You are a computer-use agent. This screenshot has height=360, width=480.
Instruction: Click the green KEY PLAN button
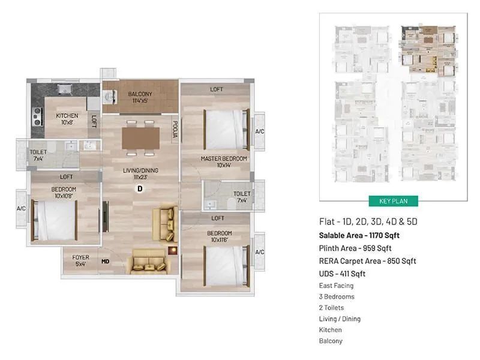393,201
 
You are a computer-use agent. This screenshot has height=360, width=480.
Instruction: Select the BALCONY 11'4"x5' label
140,98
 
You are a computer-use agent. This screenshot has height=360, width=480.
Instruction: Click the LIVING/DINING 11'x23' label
141,174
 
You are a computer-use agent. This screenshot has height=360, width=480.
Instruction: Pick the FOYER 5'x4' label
80,260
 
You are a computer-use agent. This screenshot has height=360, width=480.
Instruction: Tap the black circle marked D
140,189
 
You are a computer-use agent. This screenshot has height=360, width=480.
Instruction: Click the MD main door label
105,261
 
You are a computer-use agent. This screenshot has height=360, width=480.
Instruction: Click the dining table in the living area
141,136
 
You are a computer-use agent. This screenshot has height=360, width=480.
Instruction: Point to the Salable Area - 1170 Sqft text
360,235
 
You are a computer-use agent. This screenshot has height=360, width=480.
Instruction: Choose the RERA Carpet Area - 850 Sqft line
367,261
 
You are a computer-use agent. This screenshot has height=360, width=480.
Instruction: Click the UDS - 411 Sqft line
342,274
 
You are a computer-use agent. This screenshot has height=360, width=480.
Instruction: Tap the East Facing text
335,286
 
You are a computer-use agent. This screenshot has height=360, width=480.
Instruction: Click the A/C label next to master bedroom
260,131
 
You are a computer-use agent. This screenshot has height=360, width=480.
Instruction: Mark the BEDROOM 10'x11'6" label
220,236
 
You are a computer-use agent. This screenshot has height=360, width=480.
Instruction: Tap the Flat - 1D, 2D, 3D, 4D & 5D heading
368,222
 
